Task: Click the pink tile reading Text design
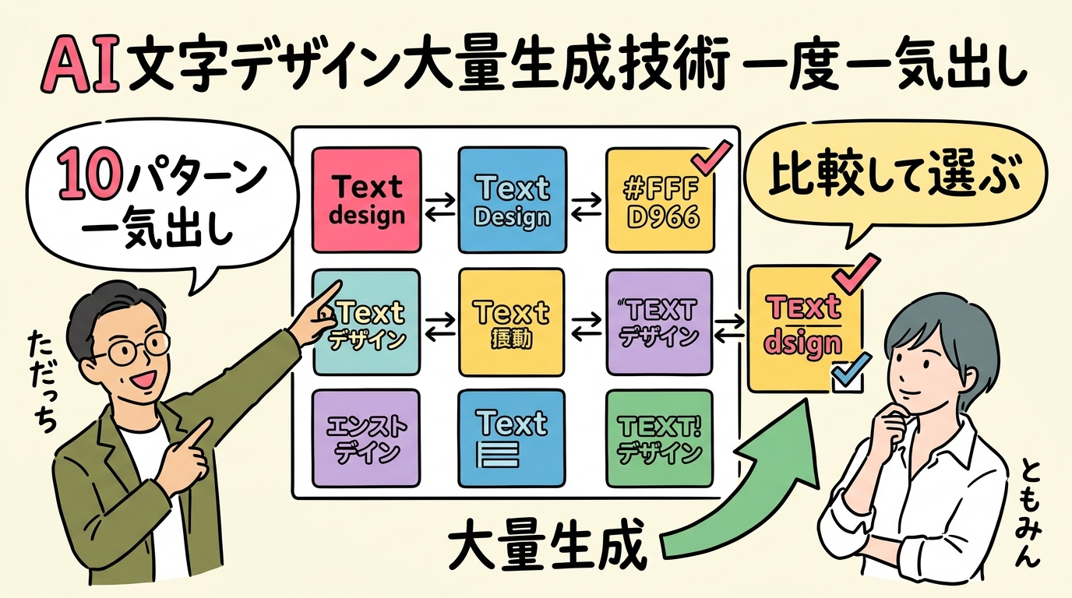(366, 199)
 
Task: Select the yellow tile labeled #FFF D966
(660, 201)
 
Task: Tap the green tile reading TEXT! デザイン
(660, 438)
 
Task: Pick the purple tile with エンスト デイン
(366, 438)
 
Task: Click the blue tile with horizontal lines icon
(512, 438)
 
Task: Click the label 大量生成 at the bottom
(549, 549)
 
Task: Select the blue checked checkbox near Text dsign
(847, 375)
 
